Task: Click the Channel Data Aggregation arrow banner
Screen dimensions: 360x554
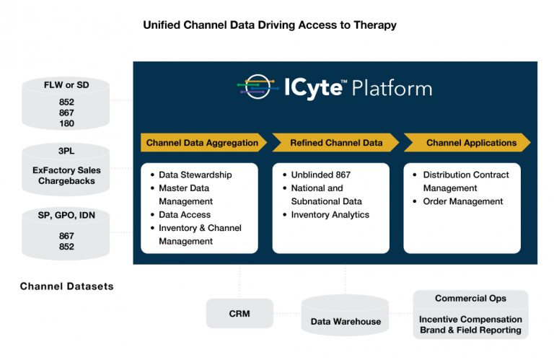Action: tap(203, 143)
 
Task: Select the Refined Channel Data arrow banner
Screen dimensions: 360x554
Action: tap(336, 143)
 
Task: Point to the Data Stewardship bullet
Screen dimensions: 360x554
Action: tap(195, 175)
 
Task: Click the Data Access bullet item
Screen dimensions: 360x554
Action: tap(185, 215)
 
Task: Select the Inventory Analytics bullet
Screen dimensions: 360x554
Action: tap(330, 215)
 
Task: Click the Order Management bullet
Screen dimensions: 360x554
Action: tap(461, 201)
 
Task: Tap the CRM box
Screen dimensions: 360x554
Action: tap(239, 314)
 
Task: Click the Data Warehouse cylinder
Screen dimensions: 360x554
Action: tap(346, 320)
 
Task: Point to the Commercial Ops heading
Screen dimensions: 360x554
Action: tap(470, 299)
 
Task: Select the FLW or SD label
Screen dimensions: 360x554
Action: tap(66, 86)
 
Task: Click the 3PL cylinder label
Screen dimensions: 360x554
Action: tap(67, 152)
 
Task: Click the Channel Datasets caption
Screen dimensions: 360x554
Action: tap(66, 286)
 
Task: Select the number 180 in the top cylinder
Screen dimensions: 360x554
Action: tap(66, 123)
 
